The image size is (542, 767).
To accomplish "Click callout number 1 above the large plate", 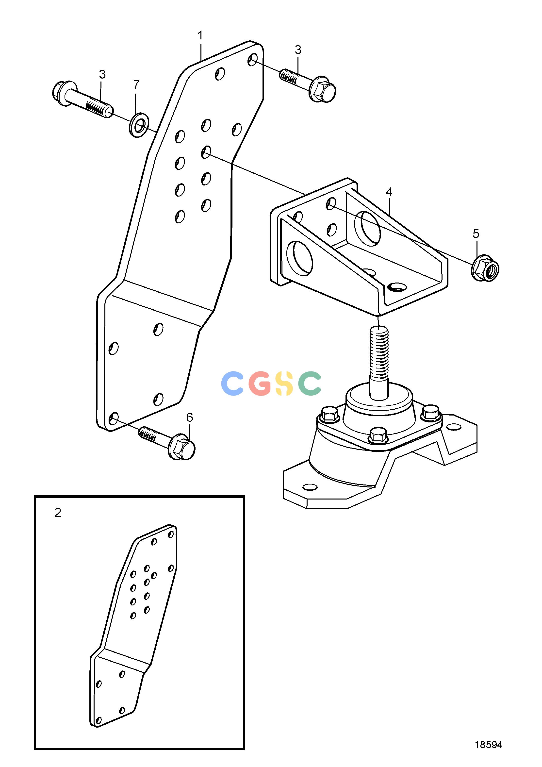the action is [200, 35].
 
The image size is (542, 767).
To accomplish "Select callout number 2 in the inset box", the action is [58, 513].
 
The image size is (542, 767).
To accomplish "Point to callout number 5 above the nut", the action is [476, 234].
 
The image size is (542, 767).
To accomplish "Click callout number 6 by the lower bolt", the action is [190, 417].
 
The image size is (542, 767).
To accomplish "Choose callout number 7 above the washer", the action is [136, 84].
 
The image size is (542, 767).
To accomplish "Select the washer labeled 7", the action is [139, 125].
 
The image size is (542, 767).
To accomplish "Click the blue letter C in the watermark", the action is [232, 383].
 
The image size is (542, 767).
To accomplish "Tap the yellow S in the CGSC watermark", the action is [284, 383].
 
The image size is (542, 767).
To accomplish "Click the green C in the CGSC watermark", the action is [310, 383].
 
